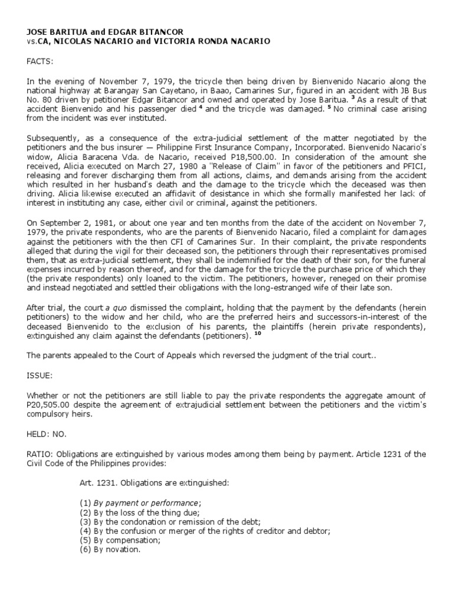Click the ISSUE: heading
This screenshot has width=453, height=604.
point(39,373)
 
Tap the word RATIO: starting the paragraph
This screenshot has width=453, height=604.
point(40,454)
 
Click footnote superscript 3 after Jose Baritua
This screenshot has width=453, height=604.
point(352,98)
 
